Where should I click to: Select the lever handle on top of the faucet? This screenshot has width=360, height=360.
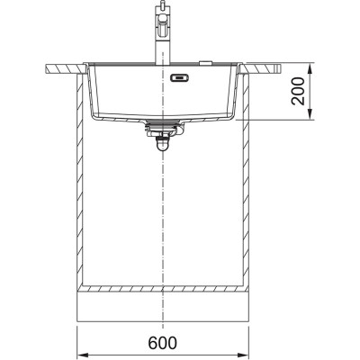click(x=163, y=10)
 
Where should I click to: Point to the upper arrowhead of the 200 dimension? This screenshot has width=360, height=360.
click(x=309, y=64)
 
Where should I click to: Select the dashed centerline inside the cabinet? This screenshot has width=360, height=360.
click(x=163, y=207)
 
